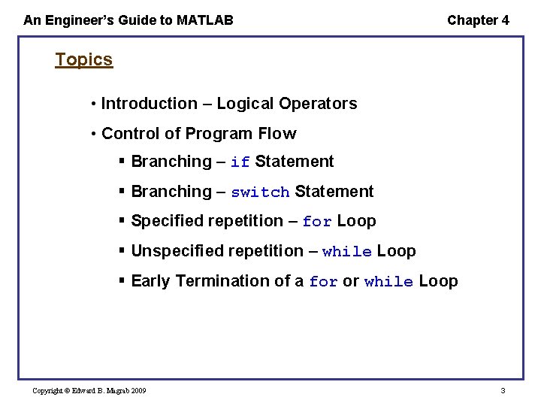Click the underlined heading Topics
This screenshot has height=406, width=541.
coord(83,59)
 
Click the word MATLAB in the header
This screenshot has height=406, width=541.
coord(204,20)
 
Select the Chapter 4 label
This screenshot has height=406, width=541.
coord(478,20)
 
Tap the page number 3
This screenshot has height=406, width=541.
coord(503,391)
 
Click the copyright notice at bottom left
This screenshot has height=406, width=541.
coord(89,391)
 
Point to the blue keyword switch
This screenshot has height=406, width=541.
coord(260,192)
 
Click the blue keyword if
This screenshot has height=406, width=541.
coord(240,162)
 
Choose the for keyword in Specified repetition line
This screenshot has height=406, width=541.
coord(317,222)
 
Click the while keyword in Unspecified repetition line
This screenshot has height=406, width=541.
coord(346,252)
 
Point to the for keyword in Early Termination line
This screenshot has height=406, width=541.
coord(323,282)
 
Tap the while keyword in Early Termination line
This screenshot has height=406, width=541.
coord(388,282)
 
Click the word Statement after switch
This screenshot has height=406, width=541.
coord(334,192)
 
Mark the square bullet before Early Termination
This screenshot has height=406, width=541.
coord(122,280)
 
